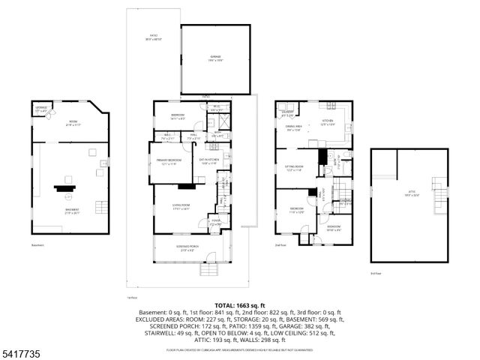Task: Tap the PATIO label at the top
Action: (154, 39)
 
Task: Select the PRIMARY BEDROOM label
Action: (167, 162)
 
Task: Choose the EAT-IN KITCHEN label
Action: (208, 160)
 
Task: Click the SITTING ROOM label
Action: (292, 169)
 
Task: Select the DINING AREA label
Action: (293, 127)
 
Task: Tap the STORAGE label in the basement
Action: (41, 109)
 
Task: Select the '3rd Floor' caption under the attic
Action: (376, 273)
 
